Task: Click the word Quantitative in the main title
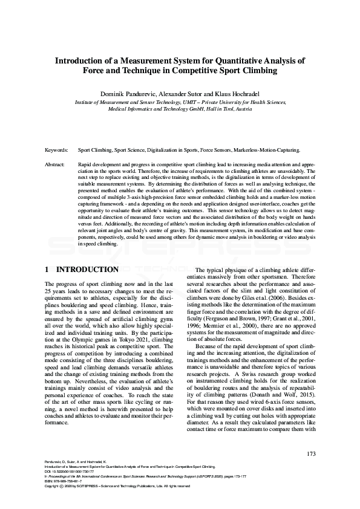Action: click(234, 60)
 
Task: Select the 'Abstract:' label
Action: click(56, 164)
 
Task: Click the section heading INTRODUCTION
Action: click(88, 269)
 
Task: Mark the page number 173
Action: click(311, 454)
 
